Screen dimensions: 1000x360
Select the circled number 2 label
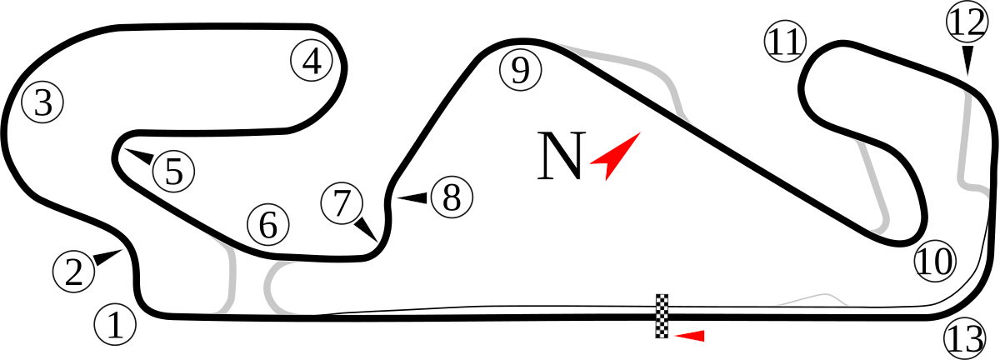point(74,271)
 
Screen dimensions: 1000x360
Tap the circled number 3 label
point(42,102)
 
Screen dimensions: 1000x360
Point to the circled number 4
point(312,61)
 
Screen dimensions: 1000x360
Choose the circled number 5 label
point(173,171)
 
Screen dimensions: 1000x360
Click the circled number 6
point(268,225)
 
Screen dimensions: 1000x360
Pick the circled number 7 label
point(342,203)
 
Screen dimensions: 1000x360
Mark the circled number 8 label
point(452,197)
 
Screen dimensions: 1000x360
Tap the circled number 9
point(521,70)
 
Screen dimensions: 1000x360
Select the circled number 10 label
point(935,261)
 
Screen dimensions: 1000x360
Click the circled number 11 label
point(785,42)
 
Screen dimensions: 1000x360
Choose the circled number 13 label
point(964,338)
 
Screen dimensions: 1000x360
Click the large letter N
point(561,156)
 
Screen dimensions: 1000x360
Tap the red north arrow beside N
point(615,157)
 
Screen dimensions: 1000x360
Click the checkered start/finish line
point(662,316)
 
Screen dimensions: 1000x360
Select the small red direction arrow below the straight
point(689,336)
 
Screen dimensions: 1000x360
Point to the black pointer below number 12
point(967,60)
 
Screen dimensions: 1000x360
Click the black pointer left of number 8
point(412,197)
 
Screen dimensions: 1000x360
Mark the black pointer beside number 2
point(107,257)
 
